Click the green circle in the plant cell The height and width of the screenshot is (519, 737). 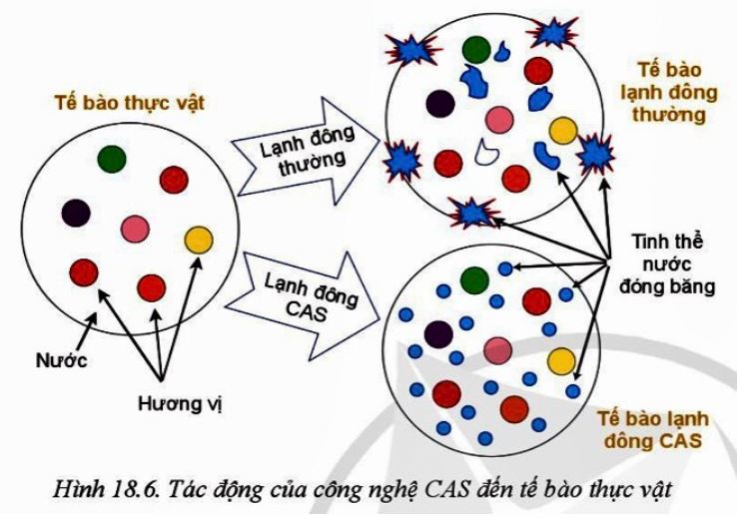click(x=112, y=158)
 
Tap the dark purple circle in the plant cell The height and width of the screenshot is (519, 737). click(x=76, y=213)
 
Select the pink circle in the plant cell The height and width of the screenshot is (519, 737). click(x=136, y=230)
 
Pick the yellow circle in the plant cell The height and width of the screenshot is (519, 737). click(x=199, y=240)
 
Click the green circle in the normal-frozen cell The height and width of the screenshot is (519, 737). click(x=477, y=48)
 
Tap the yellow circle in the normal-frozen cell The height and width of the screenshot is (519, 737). click(x=563, y=130)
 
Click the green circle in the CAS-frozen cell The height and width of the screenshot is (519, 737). click(x=473, y=280)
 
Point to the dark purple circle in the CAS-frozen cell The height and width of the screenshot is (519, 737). click(x=436, y=333)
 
